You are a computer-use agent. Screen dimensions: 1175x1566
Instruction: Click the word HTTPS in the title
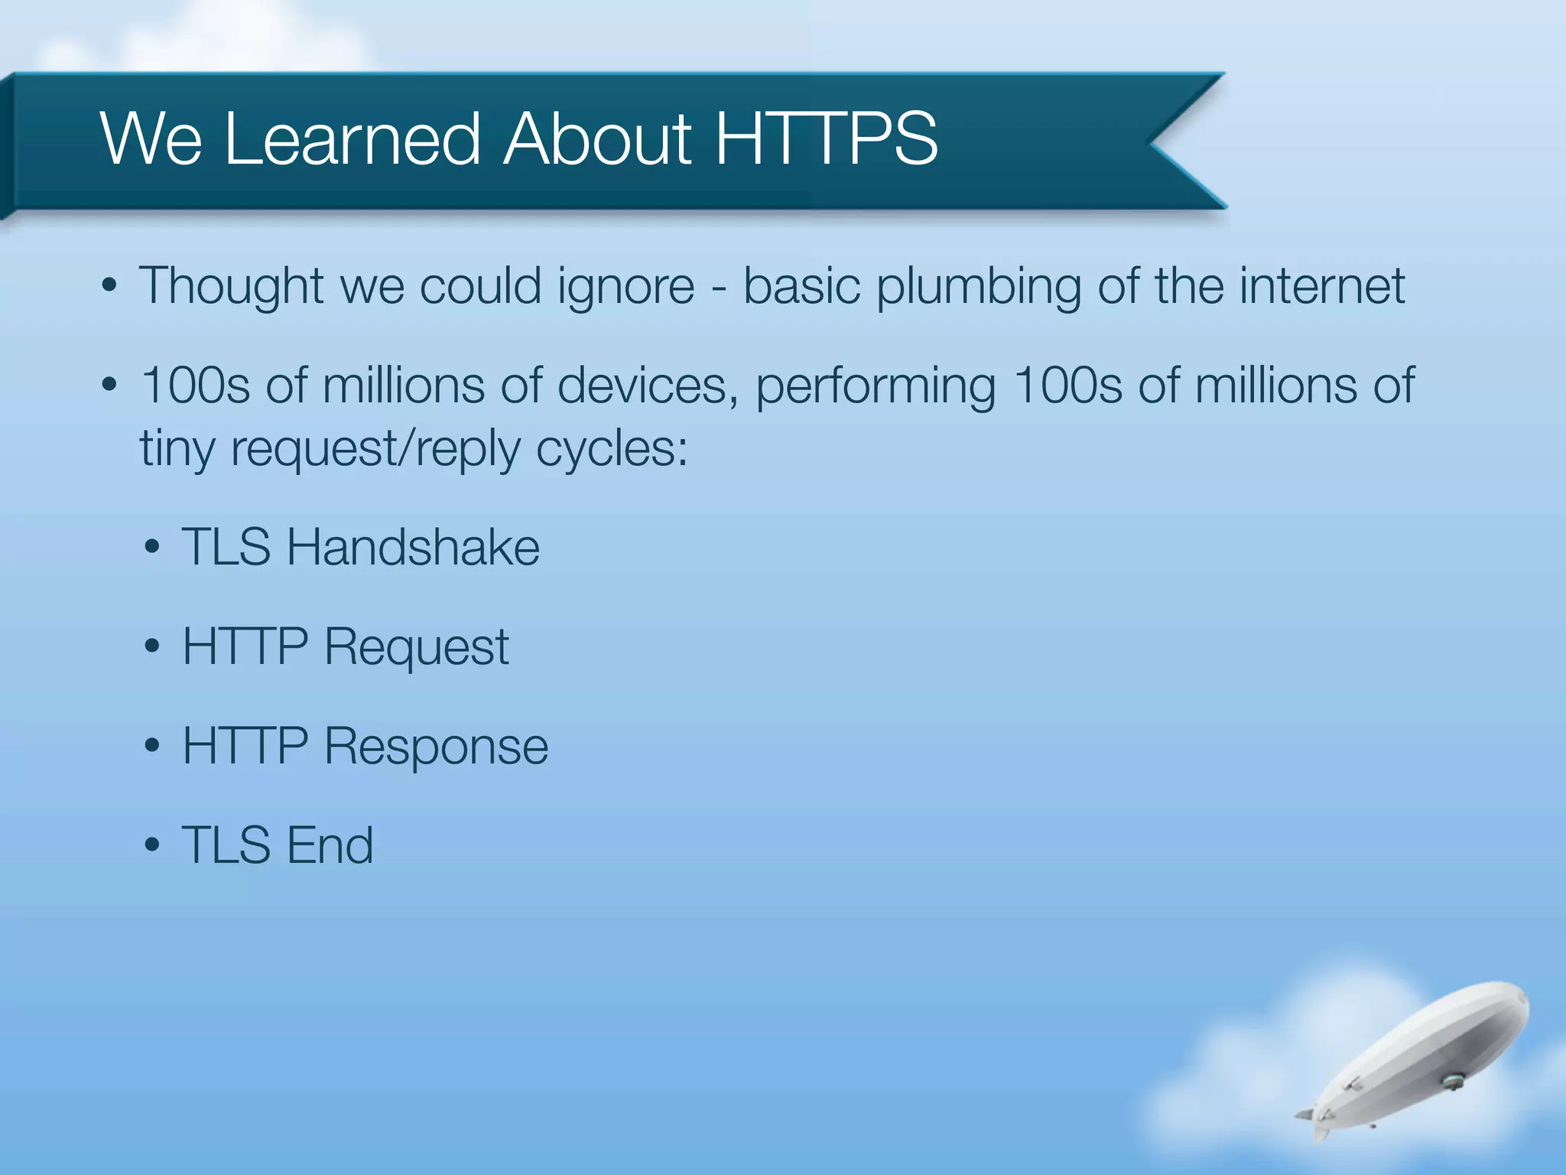[826, 139]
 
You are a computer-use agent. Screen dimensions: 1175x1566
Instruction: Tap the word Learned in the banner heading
[353, 139]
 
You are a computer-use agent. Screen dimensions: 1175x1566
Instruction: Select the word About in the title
[597, 139]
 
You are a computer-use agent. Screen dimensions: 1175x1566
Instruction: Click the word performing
[876, 387]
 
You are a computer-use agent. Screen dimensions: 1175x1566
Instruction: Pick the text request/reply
[375, 450]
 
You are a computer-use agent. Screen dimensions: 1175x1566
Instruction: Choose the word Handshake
[413, 548]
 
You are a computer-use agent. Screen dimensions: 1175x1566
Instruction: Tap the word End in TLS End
[330, 846]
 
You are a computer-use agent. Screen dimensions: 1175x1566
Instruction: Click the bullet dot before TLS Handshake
[152, 548]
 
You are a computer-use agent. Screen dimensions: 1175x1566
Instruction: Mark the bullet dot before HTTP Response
[152, 747]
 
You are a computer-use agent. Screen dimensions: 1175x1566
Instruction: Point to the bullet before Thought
[109, 286]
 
